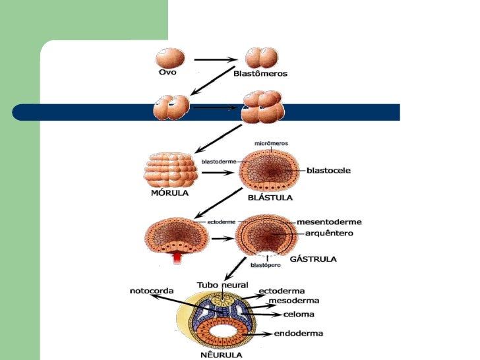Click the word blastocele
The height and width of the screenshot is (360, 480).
coord(328,170)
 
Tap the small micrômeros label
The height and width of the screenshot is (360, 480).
coord(271,143)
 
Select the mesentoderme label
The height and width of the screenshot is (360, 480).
coord(329,222)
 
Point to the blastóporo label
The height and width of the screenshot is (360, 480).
coord(266,265)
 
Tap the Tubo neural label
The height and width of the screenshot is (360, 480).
coord(223,285)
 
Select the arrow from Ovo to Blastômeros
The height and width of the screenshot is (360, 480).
coord(215,60)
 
